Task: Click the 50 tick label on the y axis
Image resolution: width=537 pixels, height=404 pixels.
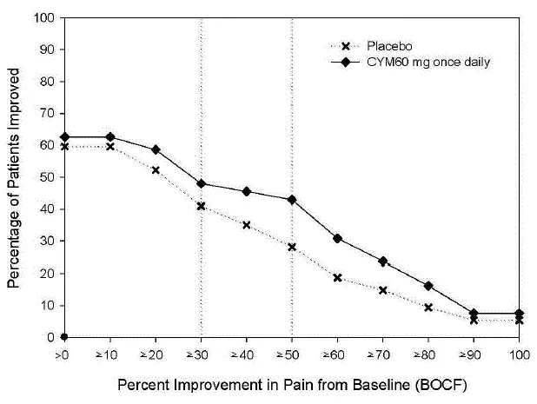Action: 50,177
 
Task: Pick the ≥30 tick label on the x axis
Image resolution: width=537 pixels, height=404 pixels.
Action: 201,354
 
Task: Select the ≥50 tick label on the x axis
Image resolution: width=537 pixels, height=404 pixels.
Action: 291,354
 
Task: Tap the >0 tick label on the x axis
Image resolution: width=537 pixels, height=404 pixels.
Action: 65,354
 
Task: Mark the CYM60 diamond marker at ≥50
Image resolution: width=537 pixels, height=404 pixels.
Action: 291,199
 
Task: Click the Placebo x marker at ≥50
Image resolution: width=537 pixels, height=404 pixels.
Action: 291,247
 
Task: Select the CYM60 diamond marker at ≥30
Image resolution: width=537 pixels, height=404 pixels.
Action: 201,183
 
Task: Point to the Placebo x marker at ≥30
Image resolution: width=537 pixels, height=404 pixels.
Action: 201,206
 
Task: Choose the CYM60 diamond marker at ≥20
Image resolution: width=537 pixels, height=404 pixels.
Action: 156,149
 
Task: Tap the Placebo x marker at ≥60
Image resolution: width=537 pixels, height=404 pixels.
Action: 336,278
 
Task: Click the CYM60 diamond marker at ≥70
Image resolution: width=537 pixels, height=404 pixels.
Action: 381,261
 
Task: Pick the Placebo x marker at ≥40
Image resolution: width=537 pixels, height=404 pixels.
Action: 246,225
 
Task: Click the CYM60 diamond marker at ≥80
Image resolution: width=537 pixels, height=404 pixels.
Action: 427,285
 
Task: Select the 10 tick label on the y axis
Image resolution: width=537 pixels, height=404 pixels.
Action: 50,305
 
